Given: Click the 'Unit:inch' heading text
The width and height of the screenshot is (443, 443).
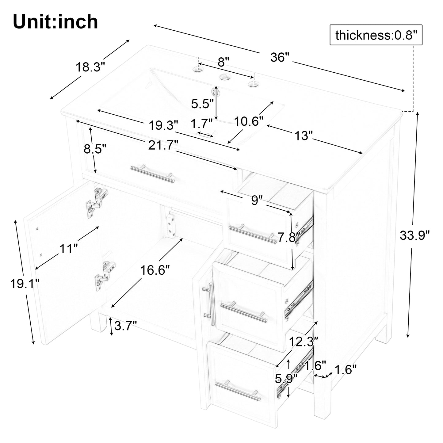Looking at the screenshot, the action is click(x=55, y=21).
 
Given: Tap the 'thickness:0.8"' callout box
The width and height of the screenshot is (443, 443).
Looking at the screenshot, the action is click(x=376, y=35).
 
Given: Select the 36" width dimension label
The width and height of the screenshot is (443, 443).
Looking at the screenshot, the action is click(x=280, y=57).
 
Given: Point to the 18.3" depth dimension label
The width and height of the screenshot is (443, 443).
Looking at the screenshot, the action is click(x=90, y=67).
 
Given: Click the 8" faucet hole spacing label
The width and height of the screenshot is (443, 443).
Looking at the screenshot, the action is click(x=223, y=62).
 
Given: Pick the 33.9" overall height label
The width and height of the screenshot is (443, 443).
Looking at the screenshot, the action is click(x=414, y=235).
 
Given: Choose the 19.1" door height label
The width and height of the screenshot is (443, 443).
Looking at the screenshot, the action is click(x=25, y=284).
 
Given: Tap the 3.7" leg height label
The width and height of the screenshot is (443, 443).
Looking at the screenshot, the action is click(x=125, y=326).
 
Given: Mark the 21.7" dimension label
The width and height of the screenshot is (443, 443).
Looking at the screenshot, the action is click(x=163, y=145).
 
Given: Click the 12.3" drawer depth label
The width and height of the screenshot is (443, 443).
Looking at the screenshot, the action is click(x=304, y=342).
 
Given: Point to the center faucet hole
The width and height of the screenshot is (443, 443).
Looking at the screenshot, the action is click(x=223, y=77).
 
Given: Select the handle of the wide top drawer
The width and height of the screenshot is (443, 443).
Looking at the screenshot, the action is click(x=152, y=174).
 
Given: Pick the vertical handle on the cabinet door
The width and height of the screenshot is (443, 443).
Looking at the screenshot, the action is click(x=209, y=304).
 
